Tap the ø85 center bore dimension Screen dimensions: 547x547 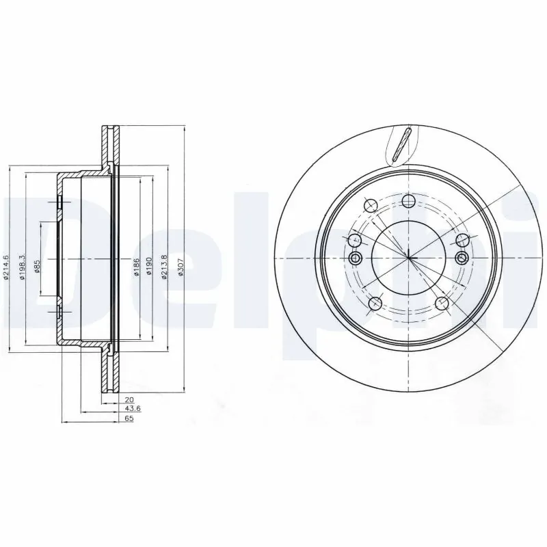coord(38,267)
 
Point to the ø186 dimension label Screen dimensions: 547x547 coord(137,267)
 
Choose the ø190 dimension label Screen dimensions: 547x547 coord(148,267)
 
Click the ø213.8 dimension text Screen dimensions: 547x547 coord(165,267)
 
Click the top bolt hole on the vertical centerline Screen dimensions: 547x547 coord(409,200)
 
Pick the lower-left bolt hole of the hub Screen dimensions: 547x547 coord(375,304)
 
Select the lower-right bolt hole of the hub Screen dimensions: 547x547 coord(442,304)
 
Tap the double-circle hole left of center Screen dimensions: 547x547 coord(355,258)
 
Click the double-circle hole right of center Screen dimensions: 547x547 coord(462,258)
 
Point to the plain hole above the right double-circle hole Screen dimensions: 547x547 coord(462,240)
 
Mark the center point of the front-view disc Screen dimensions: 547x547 coord(408,258)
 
